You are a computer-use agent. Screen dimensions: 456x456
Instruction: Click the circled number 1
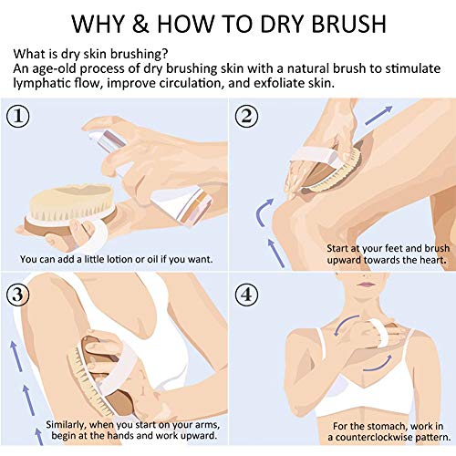18,116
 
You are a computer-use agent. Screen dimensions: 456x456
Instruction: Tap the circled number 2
246,116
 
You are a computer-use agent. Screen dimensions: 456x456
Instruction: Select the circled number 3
18,295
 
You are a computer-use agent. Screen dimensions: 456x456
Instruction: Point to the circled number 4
246,295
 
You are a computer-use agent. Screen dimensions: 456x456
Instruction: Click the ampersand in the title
140,24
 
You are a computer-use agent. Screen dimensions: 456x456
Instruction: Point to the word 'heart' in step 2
432,260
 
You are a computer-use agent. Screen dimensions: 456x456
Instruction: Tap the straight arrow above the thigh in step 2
378,116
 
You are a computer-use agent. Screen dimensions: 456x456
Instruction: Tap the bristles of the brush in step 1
71,212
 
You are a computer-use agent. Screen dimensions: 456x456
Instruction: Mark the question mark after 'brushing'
164,54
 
